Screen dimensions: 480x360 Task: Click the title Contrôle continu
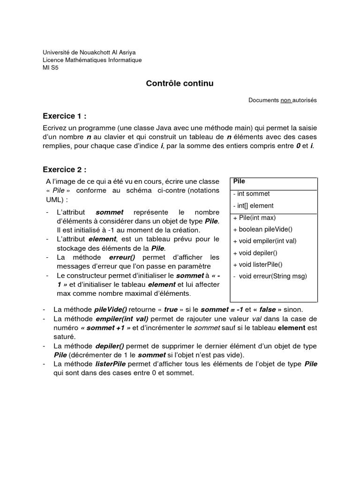point(180,83)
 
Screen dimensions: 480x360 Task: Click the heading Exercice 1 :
point(65,116)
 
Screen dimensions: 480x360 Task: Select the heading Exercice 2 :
point(65,169)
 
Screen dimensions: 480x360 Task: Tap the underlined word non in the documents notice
point(285,100)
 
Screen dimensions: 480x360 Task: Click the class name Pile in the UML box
point(239,181)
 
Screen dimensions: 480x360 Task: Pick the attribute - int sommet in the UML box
point(251,194)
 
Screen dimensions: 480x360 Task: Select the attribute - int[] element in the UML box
point(253,206)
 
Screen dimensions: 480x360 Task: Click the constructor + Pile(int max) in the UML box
point(254,218)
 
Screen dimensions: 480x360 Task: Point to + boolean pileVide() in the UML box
point(262,230)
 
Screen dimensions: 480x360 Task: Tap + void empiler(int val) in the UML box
point(264,241)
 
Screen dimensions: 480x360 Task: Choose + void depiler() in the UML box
point(255,253)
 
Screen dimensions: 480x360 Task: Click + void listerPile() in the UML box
point(257,264)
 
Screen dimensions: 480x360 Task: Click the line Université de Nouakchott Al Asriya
point(89,52)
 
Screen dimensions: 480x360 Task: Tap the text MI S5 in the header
point(51,67)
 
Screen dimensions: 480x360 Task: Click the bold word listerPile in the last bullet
point(112,364)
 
